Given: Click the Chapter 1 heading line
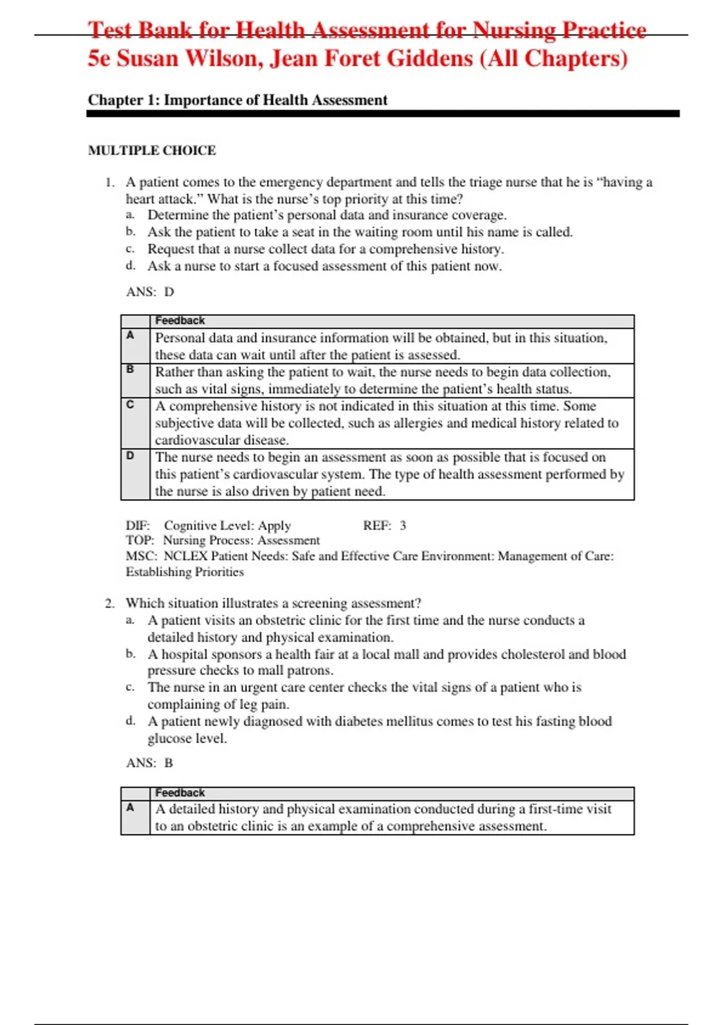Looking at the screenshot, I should point(237,100).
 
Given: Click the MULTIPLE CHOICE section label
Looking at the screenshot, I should point(152,150).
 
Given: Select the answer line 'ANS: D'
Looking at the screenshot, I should point(150,292).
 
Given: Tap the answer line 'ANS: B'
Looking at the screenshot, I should point(149,763).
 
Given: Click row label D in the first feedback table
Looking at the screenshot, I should point(130,456).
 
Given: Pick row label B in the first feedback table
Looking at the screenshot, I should point(130,369).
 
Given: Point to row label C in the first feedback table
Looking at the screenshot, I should point(130,404).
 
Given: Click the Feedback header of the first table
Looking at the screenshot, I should point(180,321).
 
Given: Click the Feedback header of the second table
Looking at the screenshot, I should point(180,793).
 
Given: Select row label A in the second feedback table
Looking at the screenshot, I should point(130,807).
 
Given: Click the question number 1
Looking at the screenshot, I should point(109,182).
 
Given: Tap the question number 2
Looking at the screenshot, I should point(109,604).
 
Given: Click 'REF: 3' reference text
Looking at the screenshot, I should point(384,526).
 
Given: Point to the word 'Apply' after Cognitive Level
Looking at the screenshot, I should point(274,526).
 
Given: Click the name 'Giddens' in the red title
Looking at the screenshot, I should point(430,58).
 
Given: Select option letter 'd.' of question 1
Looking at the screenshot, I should point(131,265).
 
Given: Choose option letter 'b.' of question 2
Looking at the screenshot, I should point(131,654).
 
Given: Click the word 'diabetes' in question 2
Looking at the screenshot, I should point(360,722).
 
